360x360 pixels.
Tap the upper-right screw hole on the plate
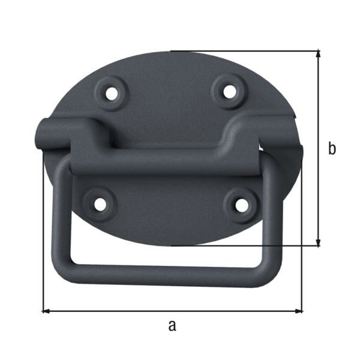tap(228, 91)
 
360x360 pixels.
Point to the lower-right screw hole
tap(241, 205)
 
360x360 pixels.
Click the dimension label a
tap(172, 326)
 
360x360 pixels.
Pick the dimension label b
tap(332, 148)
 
